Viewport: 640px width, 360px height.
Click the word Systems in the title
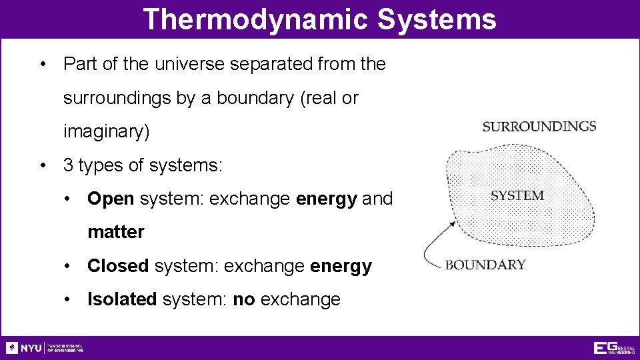click(437, 19)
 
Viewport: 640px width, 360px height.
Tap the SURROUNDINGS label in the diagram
click(539, 127)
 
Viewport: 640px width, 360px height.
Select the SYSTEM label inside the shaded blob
click(517, 195)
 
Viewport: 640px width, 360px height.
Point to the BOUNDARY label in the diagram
click(485, 265)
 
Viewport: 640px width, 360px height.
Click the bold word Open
click(111, 199)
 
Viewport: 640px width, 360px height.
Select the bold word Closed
click(118, 266)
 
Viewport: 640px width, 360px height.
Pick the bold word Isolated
click(122, 299)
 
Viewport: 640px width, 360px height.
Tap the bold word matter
click(115, 232)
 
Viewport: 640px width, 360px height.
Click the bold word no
click(244, 299)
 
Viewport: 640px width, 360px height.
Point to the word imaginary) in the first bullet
click(107, 132)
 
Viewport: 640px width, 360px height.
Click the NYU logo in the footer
click(24, 348)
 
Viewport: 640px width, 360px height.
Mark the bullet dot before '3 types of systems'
click(43, 165)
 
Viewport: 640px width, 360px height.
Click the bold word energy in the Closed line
click(341, 266)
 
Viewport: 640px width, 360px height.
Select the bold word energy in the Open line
click(326, 199)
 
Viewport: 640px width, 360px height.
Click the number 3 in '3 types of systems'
click(68, 165)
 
